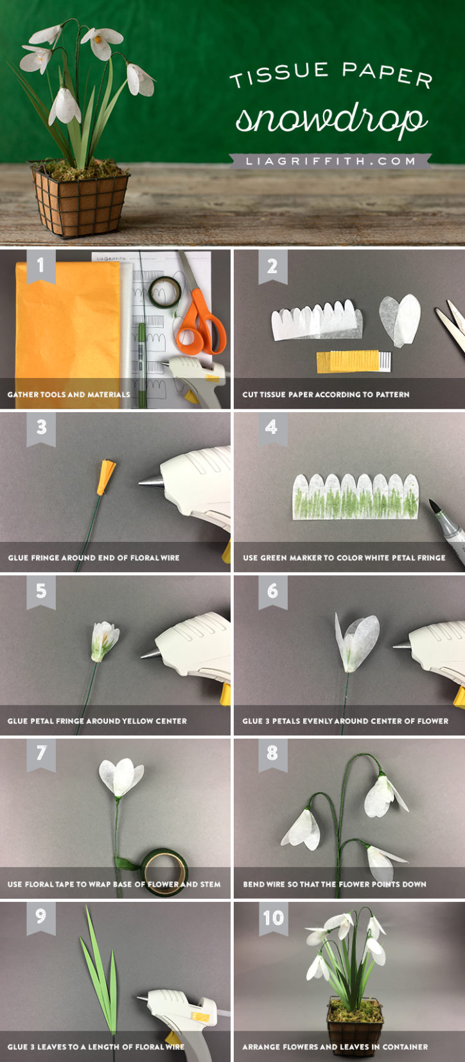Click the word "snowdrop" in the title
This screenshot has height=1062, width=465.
(331, 119)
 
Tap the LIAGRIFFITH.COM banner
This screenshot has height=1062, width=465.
(330, 161)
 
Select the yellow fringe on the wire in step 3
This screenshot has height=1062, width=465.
(105, 478)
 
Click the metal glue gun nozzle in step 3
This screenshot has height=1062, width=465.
(150, 481)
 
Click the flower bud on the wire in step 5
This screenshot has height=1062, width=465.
(105, 640)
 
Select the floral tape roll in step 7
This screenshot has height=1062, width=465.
(164, 870)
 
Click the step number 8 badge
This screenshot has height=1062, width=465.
(272, 753)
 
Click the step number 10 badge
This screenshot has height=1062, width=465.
(272, 916)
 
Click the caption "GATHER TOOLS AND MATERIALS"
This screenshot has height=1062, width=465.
(69, 394)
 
